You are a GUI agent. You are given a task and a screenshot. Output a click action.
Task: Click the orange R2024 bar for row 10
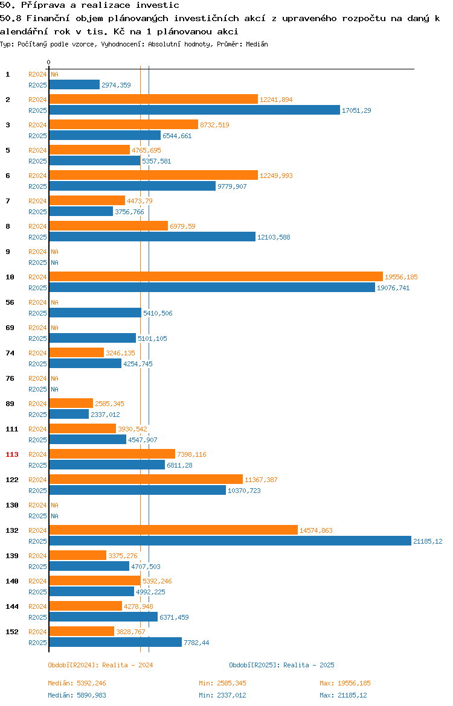[216, 277]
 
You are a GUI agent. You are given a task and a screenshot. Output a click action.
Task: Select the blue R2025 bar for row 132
[230, 541]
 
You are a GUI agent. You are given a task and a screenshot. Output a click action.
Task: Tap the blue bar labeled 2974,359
[74, 85]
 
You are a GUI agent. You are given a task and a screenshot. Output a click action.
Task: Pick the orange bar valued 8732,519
[123, 125]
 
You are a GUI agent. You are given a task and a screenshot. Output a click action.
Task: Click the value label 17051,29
[356, 111]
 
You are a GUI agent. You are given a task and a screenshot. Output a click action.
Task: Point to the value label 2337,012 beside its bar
[106, 415]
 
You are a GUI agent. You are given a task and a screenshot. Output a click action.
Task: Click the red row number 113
[12, 454]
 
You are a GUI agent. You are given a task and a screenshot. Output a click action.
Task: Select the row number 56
[10, 302]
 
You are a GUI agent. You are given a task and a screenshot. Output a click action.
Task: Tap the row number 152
[12, 632]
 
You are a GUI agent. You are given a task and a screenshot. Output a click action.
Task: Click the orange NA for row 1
[54, 74]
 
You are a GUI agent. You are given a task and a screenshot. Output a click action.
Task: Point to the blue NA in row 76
[54, 389]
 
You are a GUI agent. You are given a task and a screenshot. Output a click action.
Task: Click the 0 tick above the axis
[49, 63]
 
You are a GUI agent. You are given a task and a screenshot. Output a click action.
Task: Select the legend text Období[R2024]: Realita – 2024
[100, 665]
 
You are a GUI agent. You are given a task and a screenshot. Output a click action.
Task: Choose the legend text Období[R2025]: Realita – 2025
[281, 665]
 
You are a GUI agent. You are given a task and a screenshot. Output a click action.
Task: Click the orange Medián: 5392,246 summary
[77, 683]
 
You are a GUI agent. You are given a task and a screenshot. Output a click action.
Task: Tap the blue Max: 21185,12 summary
[344, 695]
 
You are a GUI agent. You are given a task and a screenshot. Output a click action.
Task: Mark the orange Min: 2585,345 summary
[223, 683]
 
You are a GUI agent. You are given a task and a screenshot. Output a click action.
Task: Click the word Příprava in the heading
[43, 5]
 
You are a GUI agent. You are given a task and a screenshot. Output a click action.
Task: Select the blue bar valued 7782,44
[115, 643]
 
